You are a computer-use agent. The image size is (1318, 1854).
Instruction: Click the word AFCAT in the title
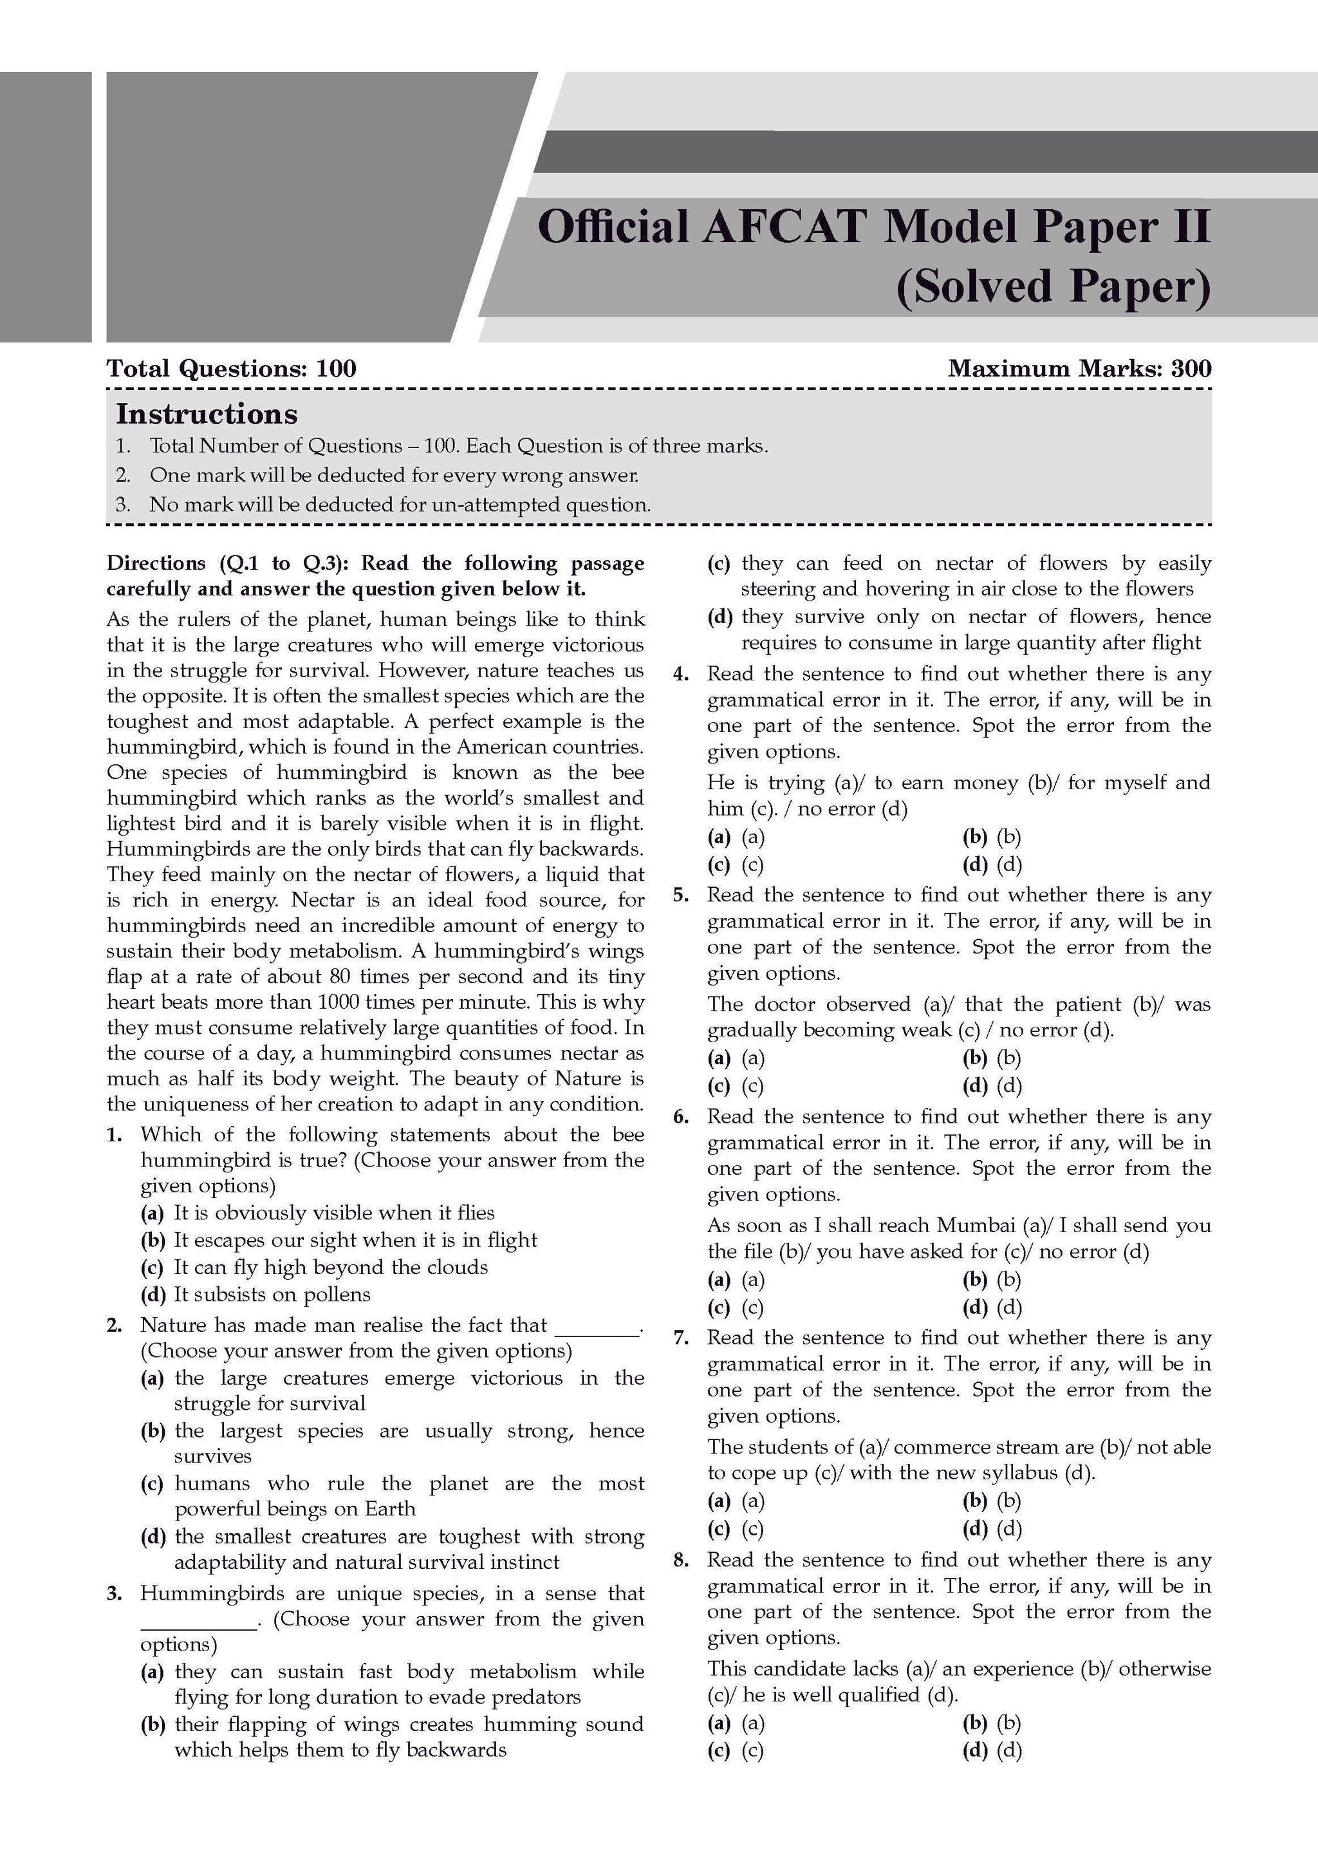click(x=784, y=227)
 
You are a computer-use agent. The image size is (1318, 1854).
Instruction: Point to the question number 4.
click(x=682, y=674)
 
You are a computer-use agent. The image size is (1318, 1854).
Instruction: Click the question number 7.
click(x=682, y=1338)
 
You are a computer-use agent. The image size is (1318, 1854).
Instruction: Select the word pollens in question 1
click(x=332, y=1294)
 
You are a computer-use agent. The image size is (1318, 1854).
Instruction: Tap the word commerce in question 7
click(x=944, y=1447)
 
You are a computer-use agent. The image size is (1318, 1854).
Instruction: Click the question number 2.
click(x=115, y=1325)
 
